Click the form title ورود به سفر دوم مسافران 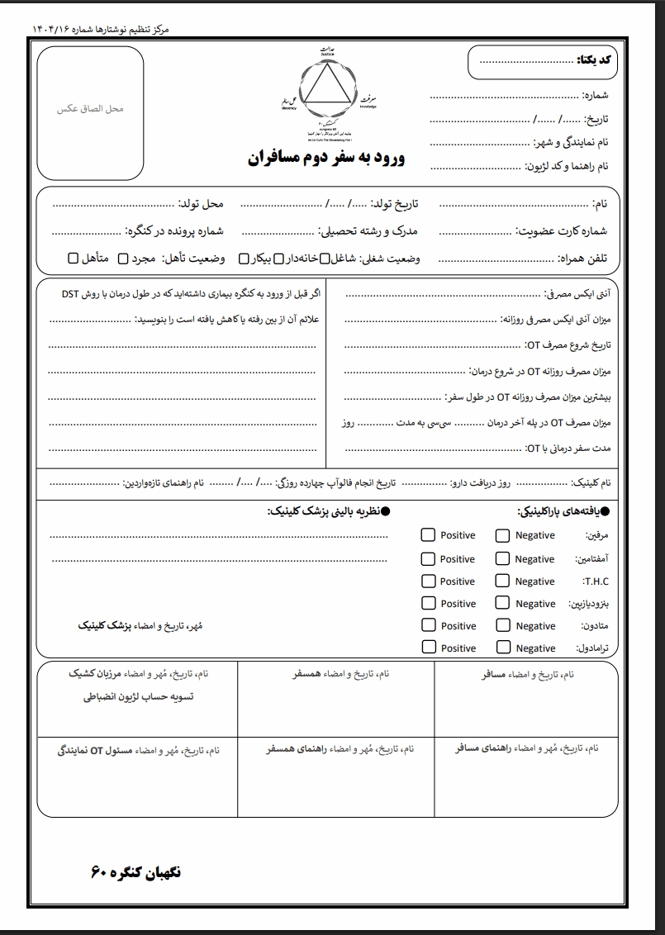pos(326,158)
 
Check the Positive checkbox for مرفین pos(428,535)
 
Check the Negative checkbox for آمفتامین pos(502,558)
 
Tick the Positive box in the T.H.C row pos(428,581)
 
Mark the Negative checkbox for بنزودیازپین pos(502,604)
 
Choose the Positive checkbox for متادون pos(428,625)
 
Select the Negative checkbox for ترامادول pos(502,648)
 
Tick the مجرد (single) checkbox pos(124,259)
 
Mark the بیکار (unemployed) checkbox pos(245,259)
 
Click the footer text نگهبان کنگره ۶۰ pos(135,872)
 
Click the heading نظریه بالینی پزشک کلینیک pos(327,511)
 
